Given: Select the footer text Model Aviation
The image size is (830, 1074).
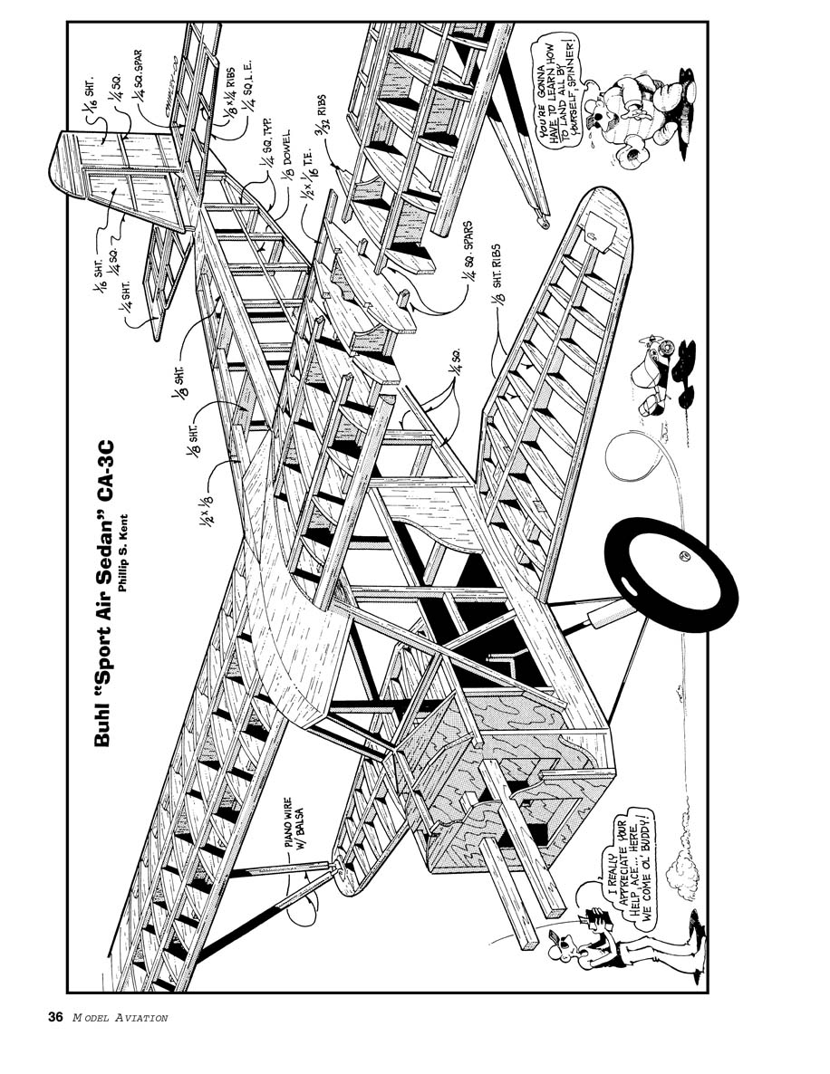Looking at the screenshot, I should (120, 1018).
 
